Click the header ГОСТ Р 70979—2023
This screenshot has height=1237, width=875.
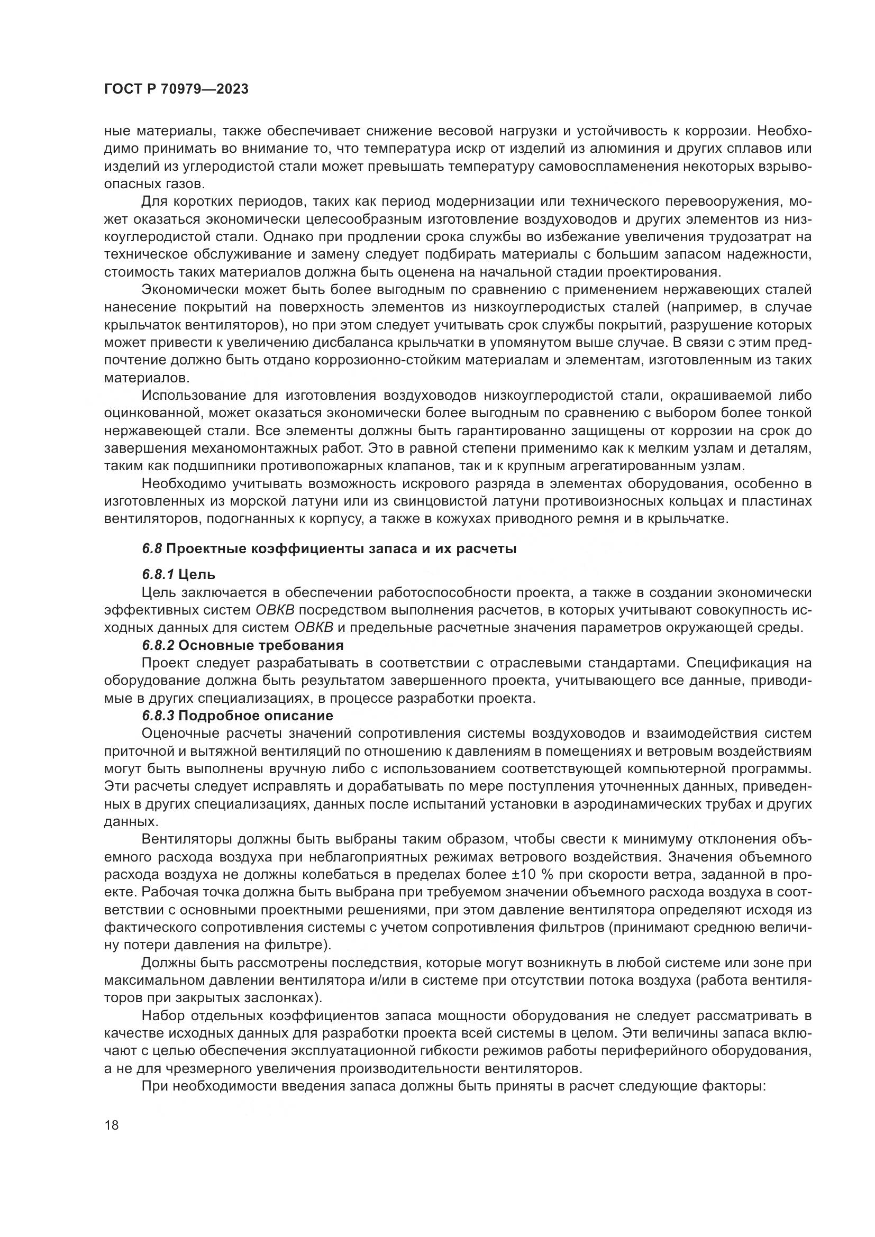point(176,89)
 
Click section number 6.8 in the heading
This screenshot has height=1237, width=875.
point(152,549)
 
